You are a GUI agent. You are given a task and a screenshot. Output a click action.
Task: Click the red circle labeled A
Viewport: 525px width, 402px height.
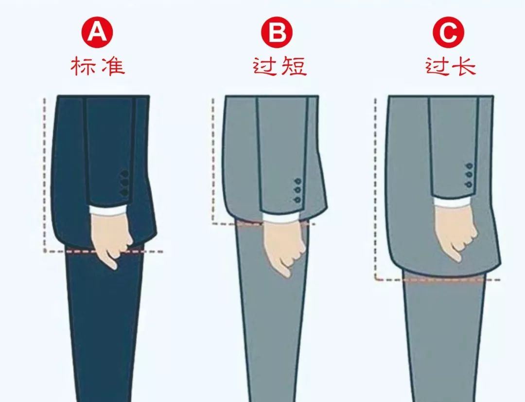coord(98,33)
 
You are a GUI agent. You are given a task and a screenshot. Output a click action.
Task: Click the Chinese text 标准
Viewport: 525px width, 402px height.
coord(98,66)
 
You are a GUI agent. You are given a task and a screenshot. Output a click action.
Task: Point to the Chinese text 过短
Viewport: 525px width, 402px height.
coord(280,66)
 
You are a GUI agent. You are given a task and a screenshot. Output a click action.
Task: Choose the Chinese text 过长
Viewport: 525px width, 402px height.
coord(450,66)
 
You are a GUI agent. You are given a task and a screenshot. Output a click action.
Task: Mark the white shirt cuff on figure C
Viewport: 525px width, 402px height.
coord(453,201)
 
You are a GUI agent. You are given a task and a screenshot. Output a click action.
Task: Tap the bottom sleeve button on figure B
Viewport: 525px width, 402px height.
coord(297,200)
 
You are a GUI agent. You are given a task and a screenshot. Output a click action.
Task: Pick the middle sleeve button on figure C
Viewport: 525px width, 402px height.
coord(469,175)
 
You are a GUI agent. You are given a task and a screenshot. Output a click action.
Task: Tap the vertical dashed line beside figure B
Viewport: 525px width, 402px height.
coord(213,161)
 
